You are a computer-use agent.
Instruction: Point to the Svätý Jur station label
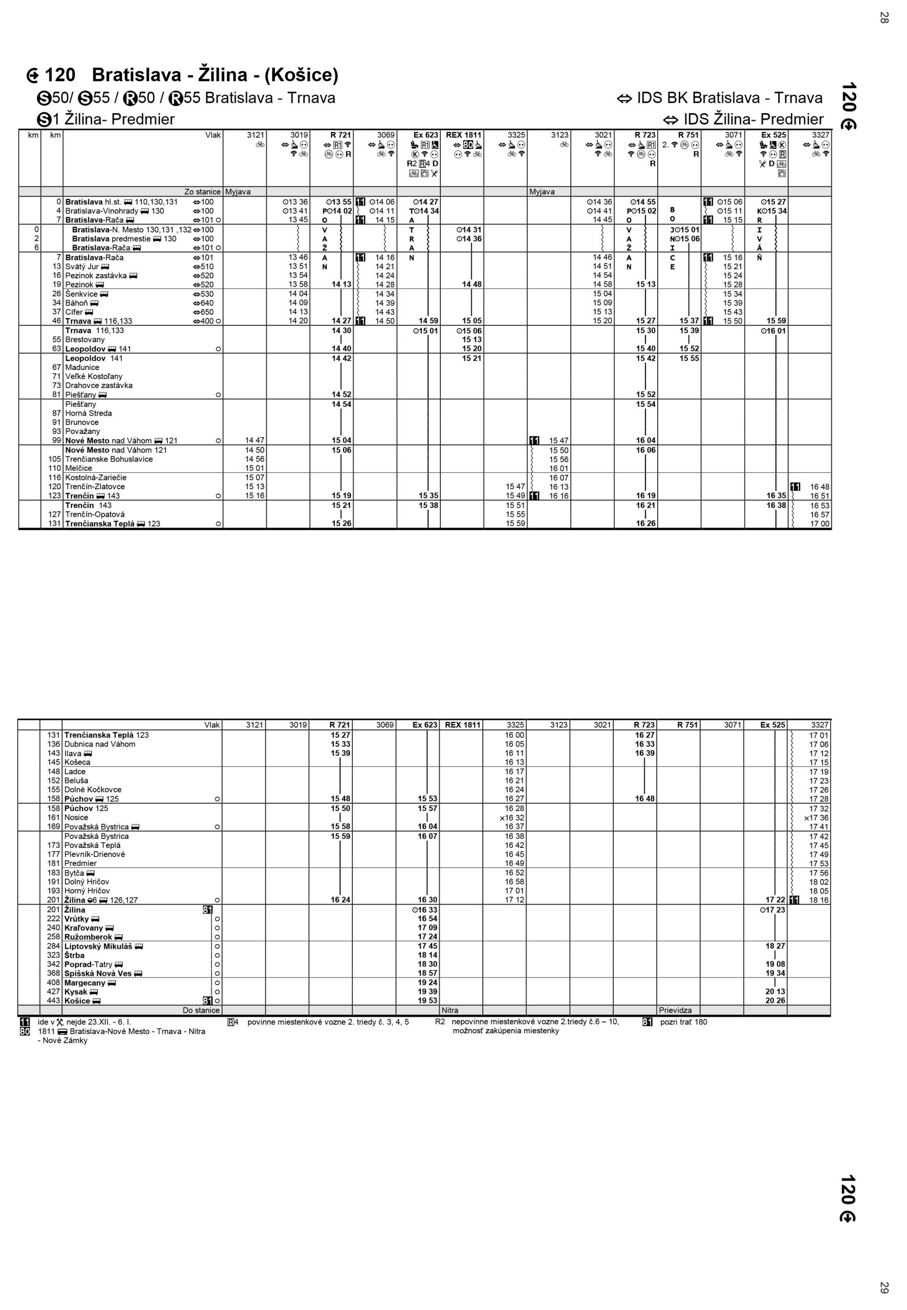82,267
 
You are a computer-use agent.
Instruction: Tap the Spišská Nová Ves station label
98,974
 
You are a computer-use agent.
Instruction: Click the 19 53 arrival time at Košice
427,1001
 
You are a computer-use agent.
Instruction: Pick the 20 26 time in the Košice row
775,1001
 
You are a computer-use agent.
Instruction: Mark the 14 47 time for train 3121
254,440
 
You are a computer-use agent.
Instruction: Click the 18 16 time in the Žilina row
819,900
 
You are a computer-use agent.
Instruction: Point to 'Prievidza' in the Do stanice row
675,1011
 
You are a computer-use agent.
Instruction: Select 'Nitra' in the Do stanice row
449,1011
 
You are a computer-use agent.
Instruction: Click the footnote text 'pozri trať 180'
684,1022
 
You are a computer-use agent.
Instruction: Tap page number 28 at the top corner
883,17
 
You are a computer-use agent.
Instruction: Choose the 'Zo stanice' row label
202,192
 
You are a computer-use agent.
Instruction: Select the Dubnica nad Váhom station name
100,744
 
